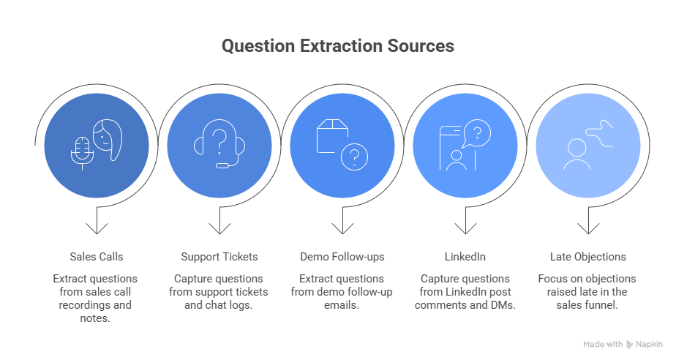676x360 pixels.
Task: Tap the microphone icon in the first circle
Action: pyautogui.click(x=81, y=149)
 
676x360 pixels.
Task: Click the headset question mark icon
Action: pyautogui.click(x=219, y=144)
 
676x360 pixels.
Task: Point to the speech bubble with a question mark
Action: pyautogui.click(x=476, y=134)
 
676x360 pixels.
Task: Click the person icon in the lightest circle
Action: pyautogui.click(x=578, y=154)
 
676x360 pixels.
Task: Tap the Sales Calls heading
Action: pyautogui.click(x=97, y=257)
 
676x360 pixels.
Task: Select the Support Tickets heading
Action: pyautogui.click(x=219, y=257)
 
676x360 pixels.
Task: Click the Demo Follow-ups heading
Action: pyautogui.click(x=342, y=257)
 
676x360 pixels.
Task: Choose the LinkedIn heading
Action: pyautogui.click(x=465, y=257)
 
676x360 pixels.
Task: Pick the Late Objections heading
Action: pyautogui.click(x=587, y=257)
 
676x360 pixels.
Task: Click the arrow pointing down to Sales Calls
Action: pyautogui.click(x=97, y=222)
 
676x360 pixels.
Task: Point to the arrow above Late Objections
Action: pyautogui.click(x=587, y=222)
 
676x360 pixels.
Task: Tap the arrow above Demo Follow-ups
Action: pyautogui.click(x=342, y=222)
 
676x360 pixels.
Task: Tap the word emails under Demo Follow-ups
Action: pyautogui.click(x=342, y=305)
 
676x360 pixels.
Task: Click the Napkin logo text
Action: pyautogui.click(x=650, y=344)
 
